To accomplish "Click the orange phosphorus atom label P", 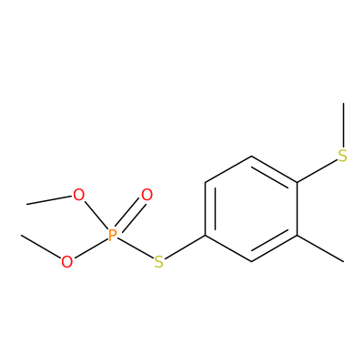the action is (x=113, y=235).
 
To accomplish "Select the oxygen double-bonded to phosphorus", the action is (x=147, y=195).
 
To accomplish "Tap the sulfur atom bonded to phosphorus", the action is (x=158, y=262).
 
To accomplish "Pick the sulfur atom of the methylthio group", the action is (x=343, y=156).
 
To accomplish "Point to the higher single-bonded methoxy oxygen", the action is (x=78, y=195).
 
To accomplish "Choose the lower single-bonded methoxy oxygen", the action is (x=67, y=262).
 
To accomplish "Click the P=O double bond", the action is (x=130, y=216).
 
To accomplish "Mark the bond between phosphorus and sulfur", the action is (x=136, y=248).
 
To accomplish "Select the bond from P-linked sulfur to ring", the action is (x=185, y=247).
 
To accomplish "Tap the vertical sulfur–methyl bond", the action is (x=343, y=126).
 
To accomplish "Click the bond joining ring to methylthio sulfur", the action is (x=318, y=171).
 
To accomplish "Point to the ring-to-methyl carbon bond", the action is (x=320, y=248).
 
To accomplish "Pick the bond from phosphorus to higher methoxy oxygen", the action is (x=96, y=216).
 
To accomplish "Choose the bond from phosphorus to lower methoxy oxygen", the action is (x=91, y=248).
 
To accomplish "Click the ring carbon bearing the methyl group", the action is (x=297, y=235).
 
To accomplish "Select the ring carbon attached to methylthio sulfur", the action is (x=297, y=182).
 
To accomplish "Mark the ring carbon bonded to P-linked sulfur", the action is (x=206, y=235).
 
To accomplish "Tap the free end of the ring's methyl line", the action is (x=343, y=261).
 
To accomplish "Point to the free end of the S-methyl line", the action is (x=343, y=103).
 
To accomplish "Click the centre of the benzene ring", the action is (x=251, y=208).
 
